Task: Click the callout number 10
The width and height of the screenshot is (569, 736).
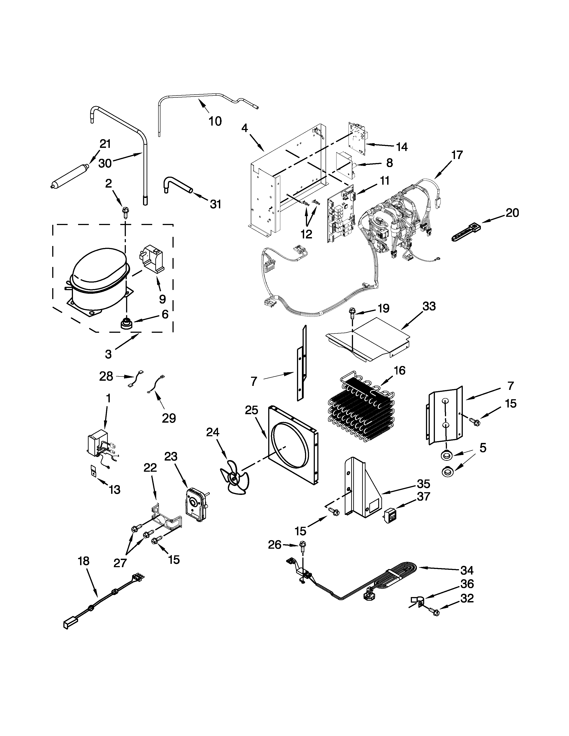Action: coord(215,121)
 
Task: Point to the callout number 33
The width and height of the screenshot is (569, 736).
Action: coord(429,306)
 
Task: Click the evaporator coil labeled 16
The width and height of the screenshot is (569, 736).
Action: coord(361,409)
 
